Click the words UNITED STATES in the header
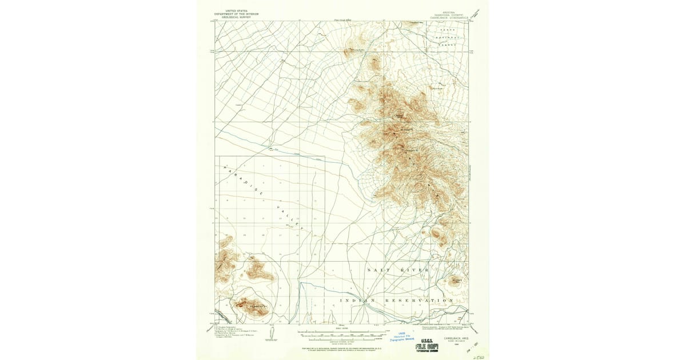233,10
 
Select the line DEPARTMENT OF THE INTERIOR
233,13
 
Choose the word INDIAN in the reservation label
357,300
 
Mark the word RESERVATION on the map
424,300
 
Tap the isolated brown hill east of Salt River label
456,280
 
